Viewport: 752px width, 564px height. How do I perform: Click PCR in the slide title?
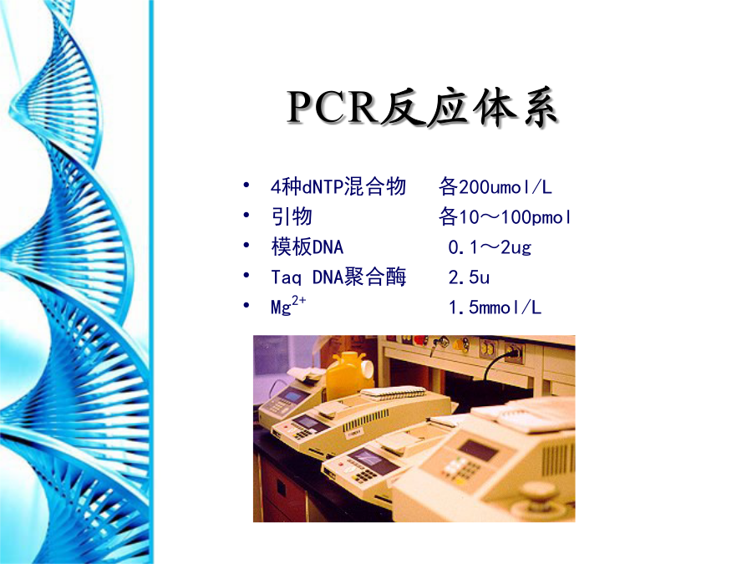pos(332,106)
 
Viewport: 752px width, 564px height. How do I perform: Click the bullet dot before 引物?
pos(246,216)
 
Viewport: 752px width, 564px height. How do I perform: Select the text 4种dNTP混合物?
pos(338,186)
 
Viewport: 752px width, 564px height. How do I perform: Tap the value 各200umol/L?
pos(495,186)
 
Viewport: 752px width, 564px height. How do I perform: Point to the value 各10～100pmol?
pos(505,216)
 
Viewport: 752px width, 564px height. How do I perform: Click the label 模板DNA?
pos(307,247)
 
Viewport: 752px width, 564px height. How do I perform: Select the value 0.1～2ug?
pos(490,247)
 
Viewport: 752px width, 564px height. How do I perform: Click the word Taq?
pos(287,277)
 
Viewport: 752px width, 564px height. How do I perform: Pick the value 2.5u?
pos(469,277)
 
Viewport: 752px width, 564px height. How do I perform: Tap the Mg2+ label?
pos(288,306)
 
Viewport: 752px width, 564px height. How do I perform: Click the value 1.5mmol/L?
pos(495,307)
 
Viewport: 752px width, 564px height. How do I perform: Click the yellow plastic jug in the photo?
pos(349,374)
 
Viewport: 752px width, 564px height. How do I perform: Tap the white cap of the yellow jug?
pos(368,368)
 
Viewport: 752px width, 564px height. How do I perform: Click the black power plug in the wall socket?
pos(512,354)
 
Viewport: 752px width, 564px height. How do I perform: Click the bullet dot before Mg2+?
pos(246,305)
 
